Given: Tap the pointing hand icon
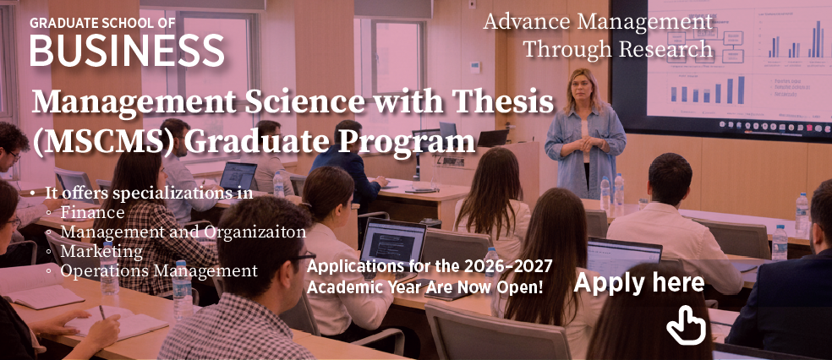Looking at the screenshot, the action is pyautogui.click(x=686, y=325).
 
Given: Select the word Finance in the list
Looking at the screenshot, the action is pyautogui.click(x=92, y=213).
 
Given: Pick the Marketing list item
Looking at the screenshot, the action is pyautogui.click(x=101, y=251).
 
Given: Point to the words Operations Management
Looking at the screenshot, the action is pyautogui.click(x=159, y=271).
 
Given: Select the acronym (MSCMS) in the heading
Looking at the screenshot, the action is pyautogui.click(x=104, y=143).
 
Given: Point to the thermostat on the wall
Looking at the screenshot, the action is pyautogui.click(x=475, y=68).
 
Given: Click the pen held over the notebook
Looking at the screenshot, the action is pyautogui.click(x=101, y=313).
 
